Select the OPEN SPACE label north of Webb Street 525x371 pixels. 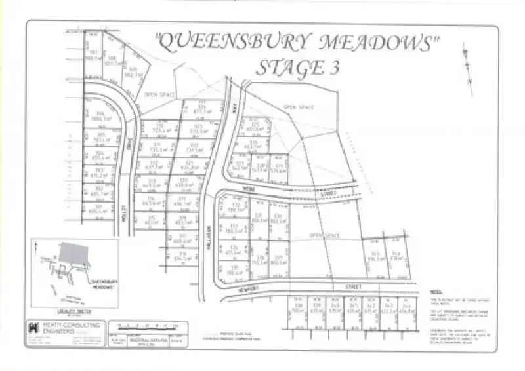pos(299,107)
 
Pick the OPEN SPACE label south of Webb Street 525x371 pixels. pos(324,233)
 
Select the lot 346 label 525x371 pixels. pos(396,256)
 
